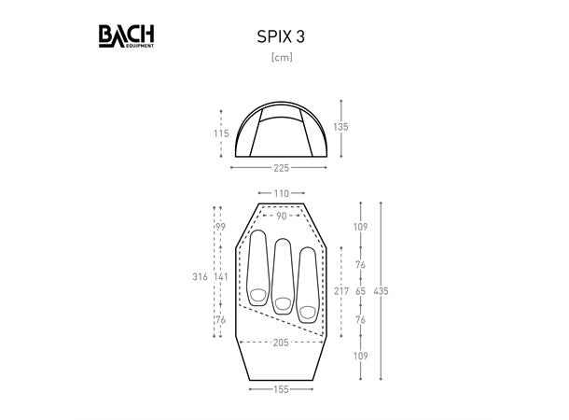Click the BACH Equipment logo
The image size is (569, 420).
pos(126,36)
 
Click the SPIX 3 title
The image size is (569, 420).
pos(281,36)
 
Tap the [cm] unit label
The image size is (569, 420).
pos(282,57)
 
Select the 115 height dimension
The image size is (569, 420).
pos(221,133)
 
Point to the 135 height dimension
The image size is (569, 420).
pos(340,127)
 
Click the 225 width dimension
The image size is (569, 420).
pos(281,168)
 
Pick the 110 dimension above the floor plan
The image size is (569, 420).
pos(281,193)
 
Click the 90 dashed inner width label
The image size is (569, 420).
pos(281,216)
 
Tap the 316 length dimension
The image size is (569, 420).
pos(200,277)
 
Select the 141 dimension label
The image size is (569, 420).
pos(221,277)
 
